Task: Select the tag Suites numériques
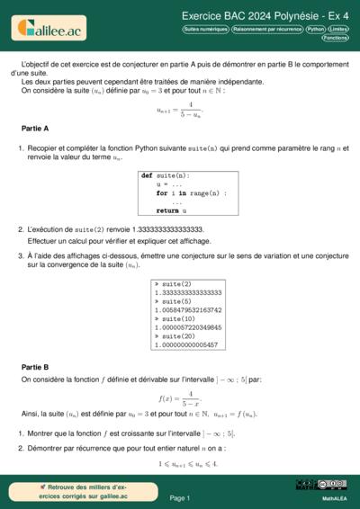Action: pyautogui.click(x=204, y=29)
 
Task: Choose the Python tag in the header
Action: pyautogui.click(x=315, y=29)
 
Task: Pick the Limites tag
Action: pyautogui.click(x=339, y=29)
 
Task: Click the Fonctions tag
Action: pyautogui.click(x=336, y=39)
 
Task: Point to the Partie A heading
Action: pyautogui.click(x=35, y=129)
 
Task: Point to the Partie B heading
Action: pyautogui.click(x=35, y=367)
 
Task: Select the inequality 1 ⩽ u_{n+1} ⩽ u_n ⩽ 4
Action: pyautogui.click(x=180, y=464)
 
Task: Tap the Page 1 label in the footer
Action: pyautogui.click(x=179, y=497)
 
